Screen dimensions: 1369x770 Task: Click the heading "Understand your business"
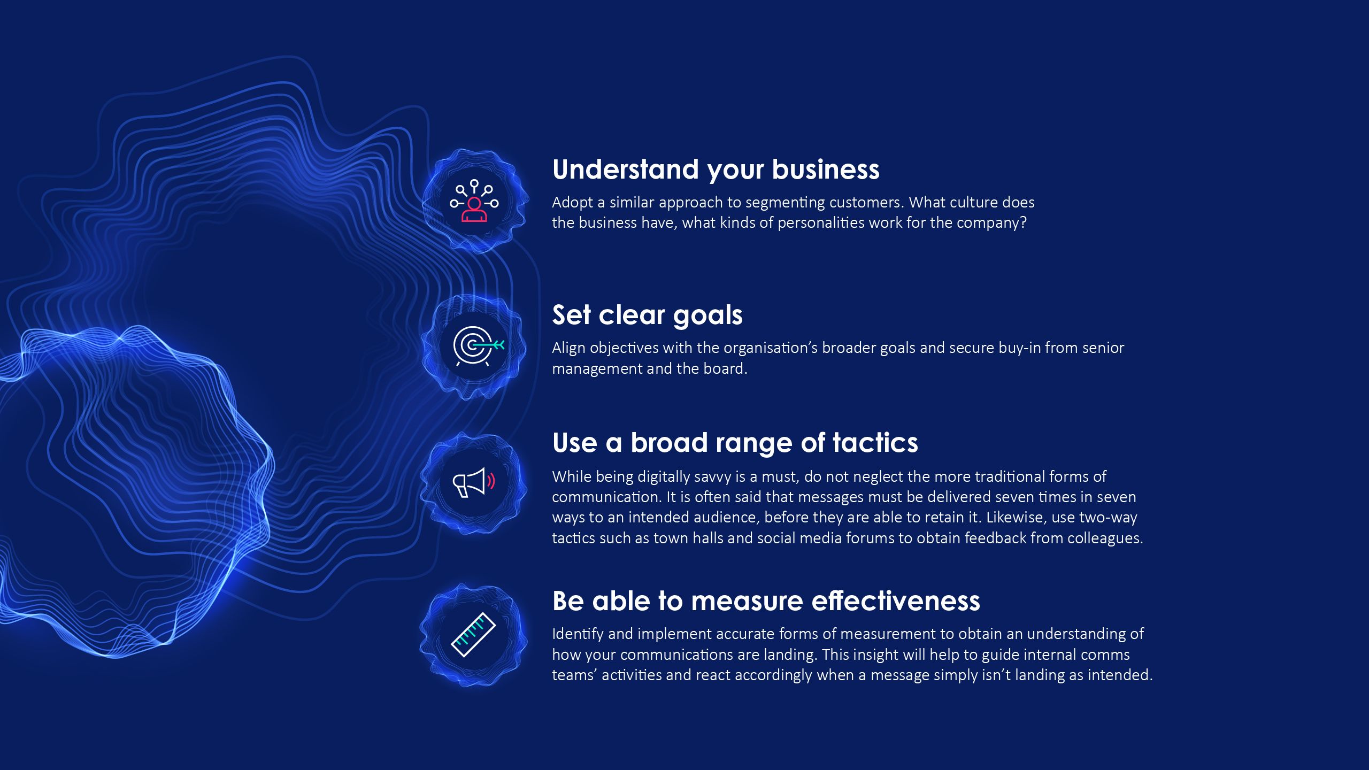(x=716, y=170)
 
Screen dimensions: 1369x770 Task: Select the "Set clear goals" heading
(x=647, y=315)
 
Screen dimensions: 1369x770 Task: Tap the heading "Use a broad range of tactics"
(x=735, y=443)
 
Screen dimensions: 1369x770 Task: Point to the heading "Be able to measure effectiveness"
(x=766, y=601)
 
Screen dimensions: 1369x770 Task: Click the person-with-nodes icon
(x=474, y=201)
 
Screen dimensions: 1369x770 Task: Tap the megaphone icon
(x=474, y=482)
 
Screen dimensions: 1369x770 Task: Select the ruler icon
(x=473, y=635)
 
